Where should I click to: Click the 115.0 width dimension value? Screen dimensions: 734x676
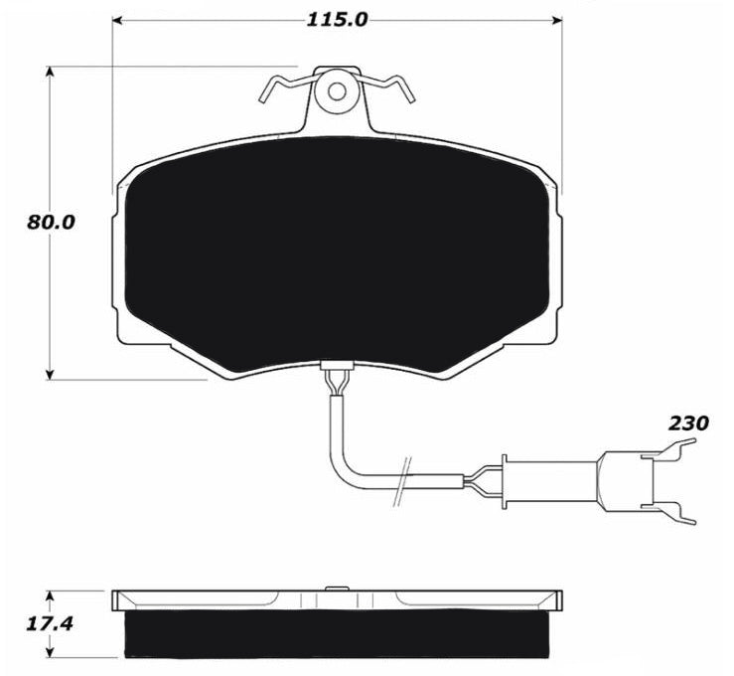(337, 20)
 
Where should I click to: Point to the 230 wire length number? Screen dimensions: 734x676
(688, 423)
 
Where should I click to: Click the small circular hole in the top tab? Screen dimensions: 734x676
(337, 91)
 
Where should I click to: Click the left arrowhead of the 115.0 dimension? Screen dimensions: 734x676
(117, 20)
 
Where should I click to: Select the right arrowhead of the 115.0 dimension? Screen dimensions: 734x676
(556, 20)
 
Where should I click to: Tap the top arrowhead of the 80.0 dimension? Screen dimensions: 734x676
(50, 72)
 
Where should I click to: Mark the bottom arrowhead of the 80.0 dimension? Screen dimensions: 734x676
(50, 374)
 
